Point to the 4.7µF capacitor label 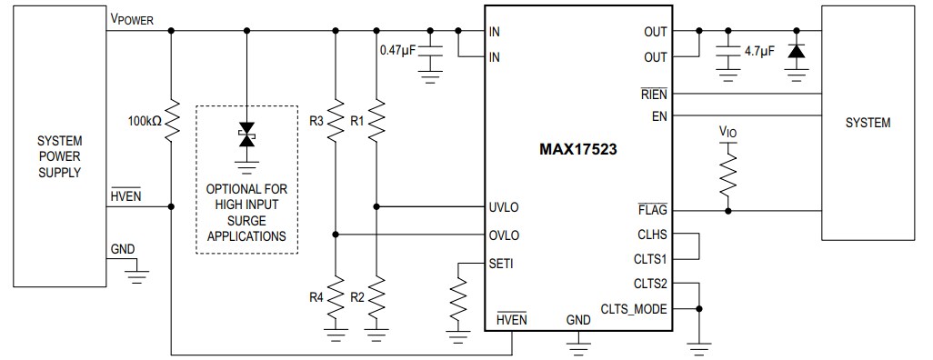click(x=758, y=52)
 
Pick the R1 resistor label click(x=357, y=120)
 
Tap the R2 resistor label click(x=357, y=297)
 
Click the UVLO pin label click(x=504, y=207)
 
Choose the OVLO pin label click(x=504, y=235)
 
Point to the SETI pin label click(x=501, y=264)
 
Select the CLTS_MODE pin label click(x=634, y=309)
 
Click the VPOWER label click(x=132, y=19)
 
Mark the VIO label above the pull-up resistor click(x=727, y=132)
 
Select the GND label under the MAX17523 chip click(x=577, y=319)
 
